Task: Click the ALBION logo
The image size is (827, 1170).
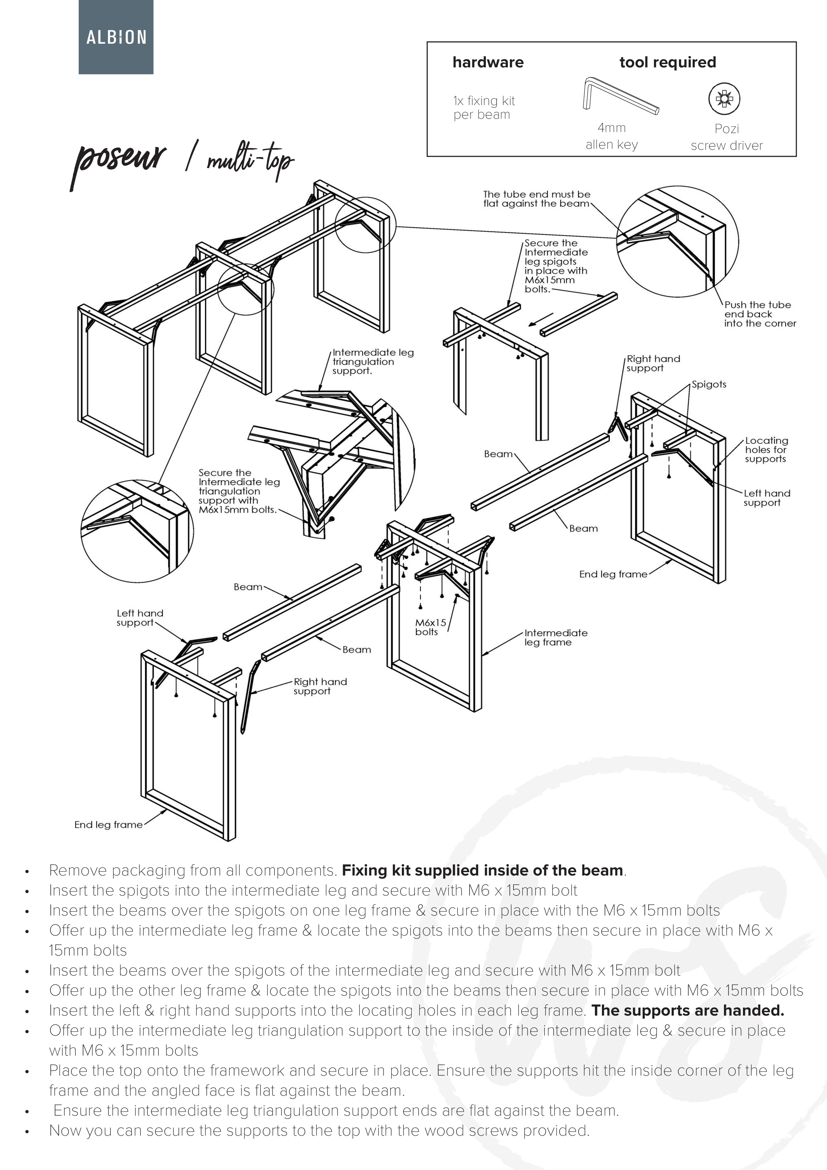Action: tap(116, 37)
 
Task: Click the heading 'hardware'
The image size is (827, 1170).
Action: tap(488, 63)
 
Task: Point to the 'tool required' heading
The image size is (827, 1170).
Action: tap(668, 63)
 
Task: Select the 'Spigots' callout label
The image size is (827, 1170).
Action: tap(708, 384)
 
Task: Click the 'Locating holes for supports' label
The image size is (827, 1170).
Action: tap(766, 450)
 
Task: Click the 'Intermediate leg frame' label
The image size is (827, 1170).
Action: tap(556, 637)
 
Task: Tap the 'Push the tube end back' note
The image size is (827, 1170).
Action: tap(759, 314)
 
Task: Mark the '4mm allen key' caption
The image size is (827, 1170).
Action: tap(612, 136)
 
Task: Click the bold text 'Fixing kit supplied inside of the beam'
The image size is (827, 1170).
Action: tap(483, 870)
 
